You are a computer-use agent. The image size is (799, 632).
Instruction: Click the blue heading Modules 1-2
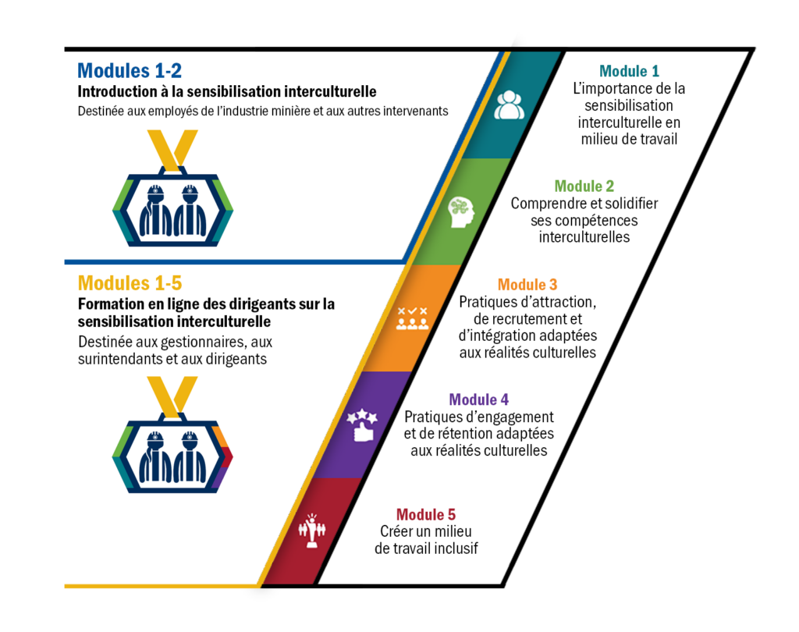tap(130, 71)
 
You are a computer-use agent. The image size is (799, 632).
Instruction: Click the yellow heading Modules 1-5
tap(130, 283)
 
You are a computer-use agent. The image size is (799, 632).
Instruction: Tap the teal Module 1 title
tap(630, 71)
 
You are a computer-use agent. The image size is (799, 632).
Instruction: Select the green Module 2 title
tap(584, 186)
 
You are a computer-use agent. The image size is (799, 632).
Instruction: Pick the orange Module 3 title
tap(527, 284)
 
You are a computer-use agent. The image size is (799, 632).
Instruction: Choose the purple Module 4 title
tap(479, 399)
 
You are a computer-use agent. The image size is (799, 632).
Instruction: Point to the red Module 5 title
tap(426, 514)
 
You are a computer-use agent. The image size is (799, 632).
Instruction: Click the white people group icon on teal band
tap(509, 105)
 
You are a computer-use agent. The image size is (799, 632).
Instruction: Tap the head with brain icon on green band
tap(461, 212)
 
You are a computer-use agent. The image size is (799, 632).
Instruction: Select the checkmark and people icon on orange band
tap(412, 318)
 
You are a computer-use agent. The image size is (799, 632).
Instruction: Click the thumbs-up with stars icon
tap(362, 424)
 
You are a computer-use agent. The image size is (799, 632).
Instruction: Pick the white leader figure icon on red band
tap(312, 531)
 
